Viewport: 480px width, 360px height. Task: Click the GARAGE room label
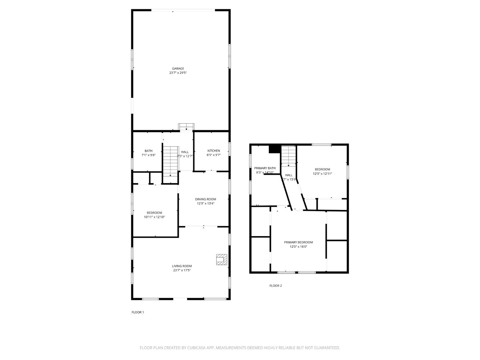[x=178, y=68]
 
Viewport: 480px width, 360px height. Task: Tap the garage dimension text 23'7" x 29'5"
[x=178, y=73]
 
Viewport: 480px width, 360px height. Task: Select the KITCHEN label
[x=213, y=151]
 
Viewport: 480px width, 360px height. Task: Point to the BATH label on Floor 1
[x=148, y=151]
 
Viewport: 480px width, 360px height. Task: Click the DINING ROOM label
[x=205, y=199]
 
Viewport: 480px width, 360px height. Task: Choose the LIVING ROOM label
[x=182, y=266]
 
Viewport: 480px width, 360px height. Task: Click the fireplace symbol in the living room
[x=221, y=260]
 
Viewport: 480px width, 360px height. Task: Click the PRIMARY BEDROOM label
[x=298, y=242]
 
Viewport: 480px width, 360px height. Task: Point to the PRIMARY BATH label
[x=265, y=168]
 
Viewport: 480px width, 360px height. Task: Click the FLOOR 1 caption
[x=138, y=312]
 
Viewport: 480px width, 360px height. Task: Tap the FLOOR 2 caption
[x=276, y=286]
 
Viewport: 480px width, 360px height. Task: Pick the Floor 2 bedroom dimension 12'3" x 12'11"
[x=322, y=174]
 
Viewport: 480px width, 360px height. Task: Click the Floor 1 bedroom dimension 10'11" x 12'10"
[x=154, y=217]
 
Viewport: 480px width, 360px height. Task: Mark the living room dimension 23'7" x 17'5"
[x=182, y=270]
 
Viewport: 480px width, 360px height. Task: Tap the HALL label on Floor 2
[x=289, y=175]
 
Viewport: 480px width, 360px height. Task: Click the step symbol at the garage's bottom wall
[x=186, y=127]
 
